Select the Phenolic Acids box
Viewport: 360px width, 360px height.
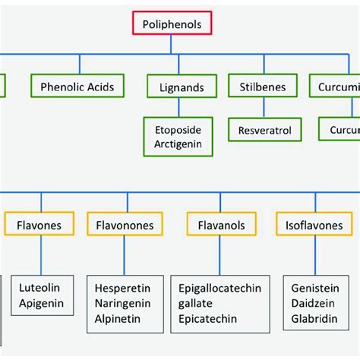(x=77, y=87)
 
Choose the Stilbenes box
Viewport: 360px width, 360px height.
(x=262, y=87)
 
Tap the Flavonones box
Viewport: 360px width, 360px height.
(x=125, y=225)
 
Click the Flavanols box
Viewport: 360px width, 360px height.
(x=219, y=225)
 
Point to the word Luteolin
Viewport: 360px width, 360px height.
(x=40, y=288)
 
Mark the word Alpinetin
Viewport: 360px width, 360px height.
(x=118, y=318)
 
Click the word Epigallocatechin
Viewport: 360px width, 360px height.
(x=219, y=288)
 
